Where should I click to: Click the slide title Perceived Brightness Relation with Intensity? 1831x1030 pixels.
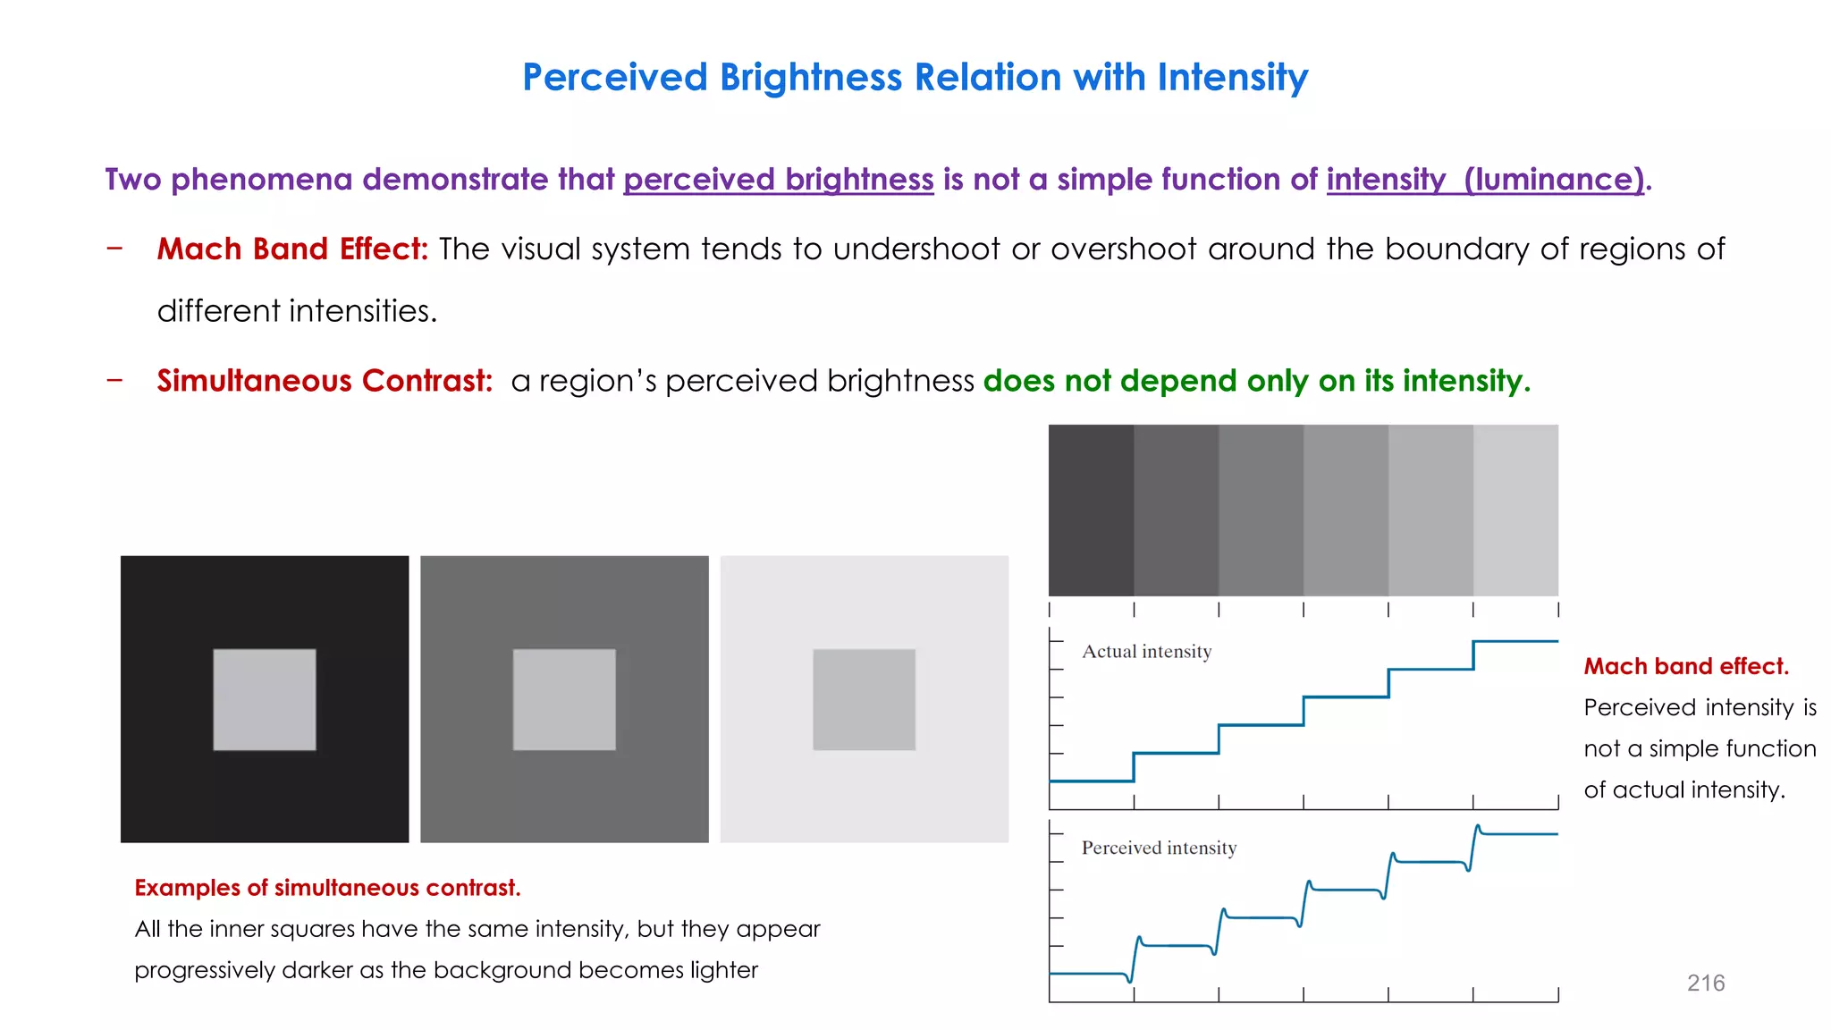915,78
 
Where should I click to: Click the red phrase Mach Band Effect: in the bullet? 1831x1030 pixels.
292,249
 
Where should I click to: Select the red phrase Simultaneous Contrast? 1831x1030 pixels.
325,381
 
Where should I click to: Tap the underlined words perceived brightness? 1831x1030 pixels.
778,180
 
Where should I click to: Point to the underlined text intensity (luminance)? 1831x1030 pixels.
1484,180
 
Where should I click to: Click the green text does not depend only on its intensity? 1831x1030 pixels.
1256,381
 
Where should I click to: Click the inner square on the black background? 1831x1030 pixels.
265,699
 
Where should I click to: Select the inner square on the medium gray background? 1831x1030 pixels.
564,699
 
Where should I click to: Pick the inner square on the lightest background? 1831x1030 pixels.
864,699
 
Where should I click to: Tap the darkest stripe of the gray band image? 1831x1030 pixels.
1091,510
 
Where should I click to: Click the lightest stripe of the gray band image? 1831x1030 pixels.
1515,510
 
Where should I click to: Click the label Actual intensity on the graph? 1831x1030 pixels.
1146,652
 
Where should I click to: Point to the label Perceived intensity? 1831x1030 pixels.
1159,848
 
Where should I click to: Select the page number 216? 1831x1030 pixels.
1705,983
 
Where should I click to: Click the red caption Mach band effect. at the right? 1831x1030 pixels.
1685,666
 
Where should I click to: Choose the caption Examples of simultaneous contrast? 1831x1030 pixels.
327,888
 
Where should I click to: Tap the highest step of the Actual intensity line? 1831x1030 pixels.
1515,641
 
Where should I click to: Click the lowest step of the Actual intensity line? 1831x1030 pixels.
1091,781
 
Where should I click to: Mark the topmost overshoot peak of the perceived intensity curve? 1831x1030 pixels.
1478,827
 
